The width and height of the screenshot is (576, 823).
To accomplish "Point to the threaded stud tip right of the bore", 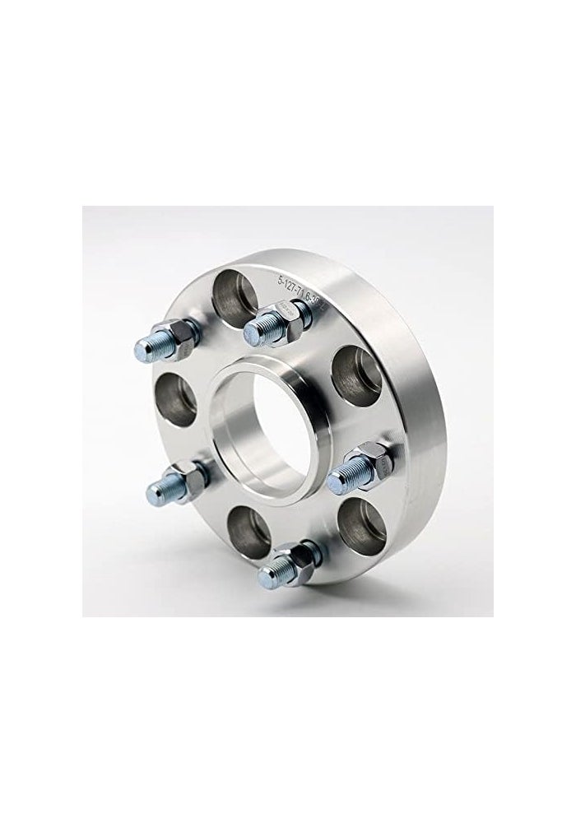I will [x=338, y=476].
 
